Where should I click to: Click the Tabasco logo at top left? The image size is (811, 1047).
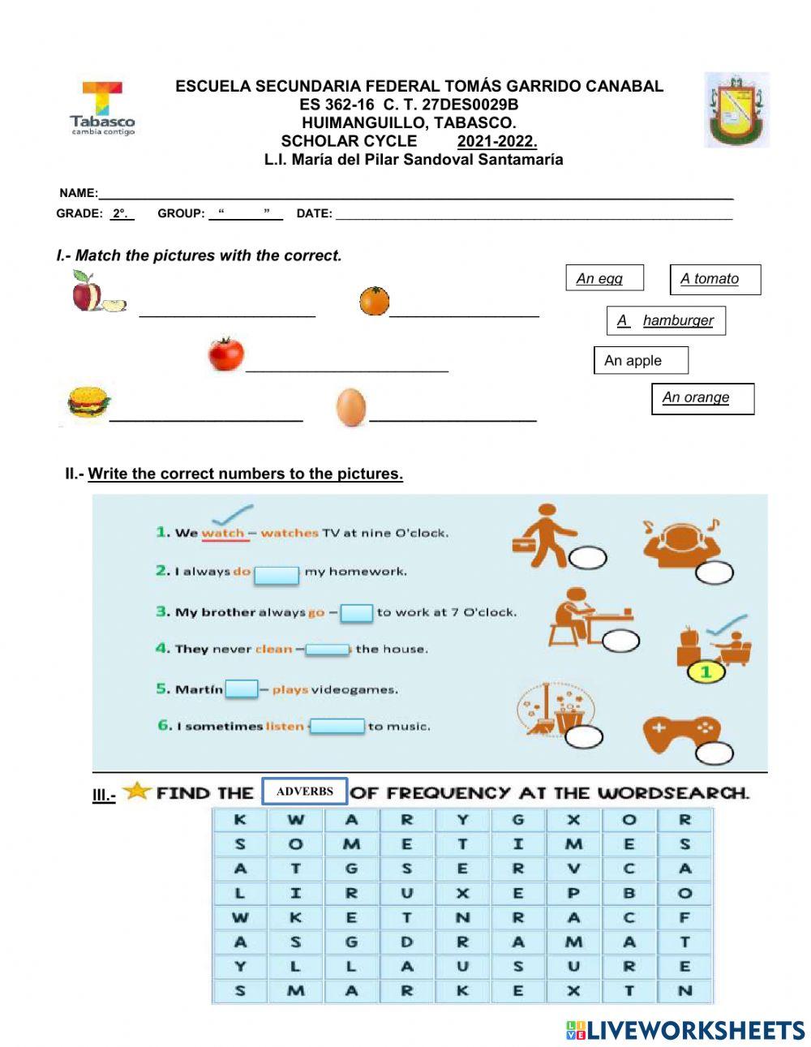(x=102, y=108)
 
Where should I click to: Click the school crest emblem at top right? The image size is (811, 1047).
(x=736, y=109)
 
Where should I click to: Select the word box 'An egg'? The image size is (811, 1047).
(x=603, y=278)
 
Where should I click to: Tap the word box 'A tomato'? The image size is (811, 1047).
(x=714, y=279)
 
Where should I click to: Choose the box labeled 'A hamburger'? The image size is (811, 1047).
(x=666, y=320)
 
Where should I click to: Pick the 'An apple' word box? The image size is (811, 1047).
(x=640, y=360)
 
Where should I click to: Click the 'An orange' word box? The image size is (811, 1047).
(x=702, y=398)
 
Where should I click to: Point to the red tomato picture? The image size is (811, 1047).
(x=225, y=354)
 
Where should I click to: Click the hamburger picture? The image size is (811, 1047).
(x=88, y=402)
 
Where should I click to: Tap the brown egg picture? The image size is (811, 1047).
(x=351, y=407)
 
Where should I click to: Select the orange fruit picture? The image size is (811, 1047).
(x=375, y=301)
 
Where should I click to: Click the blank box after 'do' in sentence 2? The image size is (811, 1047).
(x=277, y=574)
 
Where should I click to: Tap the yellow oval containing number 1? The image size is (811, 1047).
(x=706, y=672)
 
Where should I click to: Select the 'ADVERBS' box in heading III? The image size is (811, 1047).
(x=305, y=792)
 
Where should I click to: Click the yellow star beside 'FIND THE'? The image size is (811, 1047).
(x=137, y=790)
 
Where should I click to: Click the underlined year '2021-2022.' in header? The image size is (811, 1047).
(x=496, y=141)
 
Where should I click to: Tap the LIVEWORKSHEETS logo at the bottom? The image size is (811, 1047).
(x=685, y=1030)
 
